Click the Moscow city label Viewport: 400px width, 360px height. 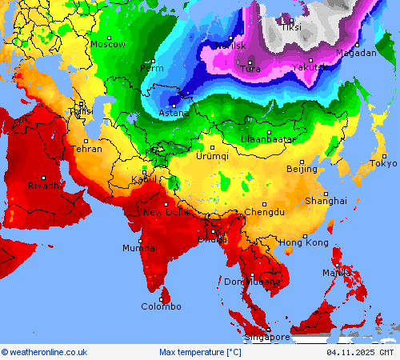click(x=107, y=44)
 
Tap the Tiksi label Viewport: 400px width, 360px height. click(x=291, y=27)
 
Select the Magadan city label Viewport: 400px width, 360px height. click(x=356, y=53)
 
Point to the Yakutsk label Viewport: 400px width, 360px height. click(x=309, y=68)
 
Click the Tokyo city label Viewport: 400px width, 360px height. click(x=383, y=164)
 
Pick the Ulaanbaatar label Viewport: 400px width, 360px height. click(x=268, y=139)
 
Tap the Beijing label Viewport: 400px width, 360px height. click(x=302, y=169)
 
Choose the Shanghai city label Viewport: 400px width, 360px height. click(x=326, y=201)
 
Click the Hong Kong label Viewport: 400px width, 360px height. click(x=303, y=242)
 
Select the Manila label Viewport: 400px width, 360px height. click(x=337, y=273)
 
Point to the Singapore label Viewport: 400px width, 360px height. click(x=267, y=338)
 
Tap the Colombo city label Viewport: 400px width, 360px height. click(x=161, y=306)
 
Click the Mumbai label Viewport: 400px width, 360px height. click(x=139, y=248)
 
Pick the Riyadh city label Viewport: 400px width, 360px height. click(x=43, y=186)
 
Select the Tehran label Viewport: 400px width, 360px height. click(x=86, y=149)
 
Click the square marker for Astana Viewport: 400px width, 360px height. click(x=174, y=104)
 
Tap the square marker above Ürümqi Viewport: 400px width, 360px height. click(x=212, y=147)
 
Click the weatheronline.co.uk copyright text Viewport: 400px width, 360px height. click(x=44, y=352)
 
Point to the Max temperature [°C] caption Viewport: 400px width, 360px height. click(x=200, y=352)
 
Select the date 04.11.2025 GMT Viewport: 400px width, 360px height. click(x=360, y=352)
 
